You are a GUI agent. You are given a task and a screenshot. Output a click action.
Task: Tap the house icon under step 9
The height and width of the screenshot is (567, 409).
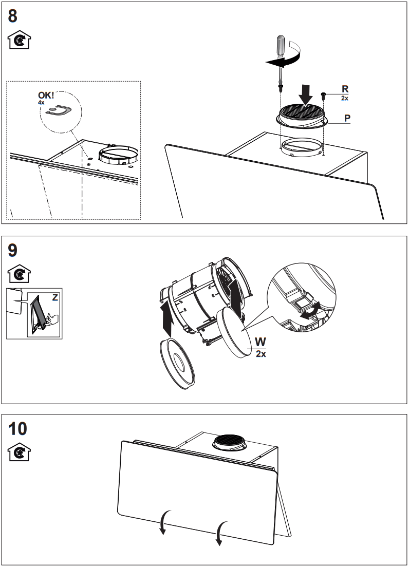[20, 274]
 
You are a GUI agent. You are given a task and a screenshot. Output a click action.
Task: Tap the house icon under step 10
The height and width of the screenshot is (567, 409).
[20, 452]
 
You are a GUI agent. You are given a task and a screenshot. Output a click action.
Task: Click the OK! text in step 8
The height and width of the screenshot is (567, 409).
[46, 96]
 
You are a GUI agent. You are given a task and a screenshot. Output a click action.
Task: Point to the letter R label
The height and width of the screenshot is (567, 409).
[345, 88]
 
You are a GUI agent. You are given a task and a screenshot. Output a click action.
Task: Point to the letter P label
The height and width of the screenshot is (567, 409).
[347, 118]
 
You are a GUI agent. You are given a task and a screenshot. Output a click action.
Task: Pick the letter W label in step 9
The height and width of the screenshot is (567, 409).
[261, 342]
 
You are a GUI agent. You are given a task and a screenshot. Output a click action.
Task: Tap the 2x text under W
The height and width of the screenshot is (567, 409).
[261, 354]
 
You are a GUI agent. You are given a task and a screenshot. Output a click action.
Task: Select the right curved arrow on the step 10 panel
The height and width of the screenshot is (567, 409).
[220, 533]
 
